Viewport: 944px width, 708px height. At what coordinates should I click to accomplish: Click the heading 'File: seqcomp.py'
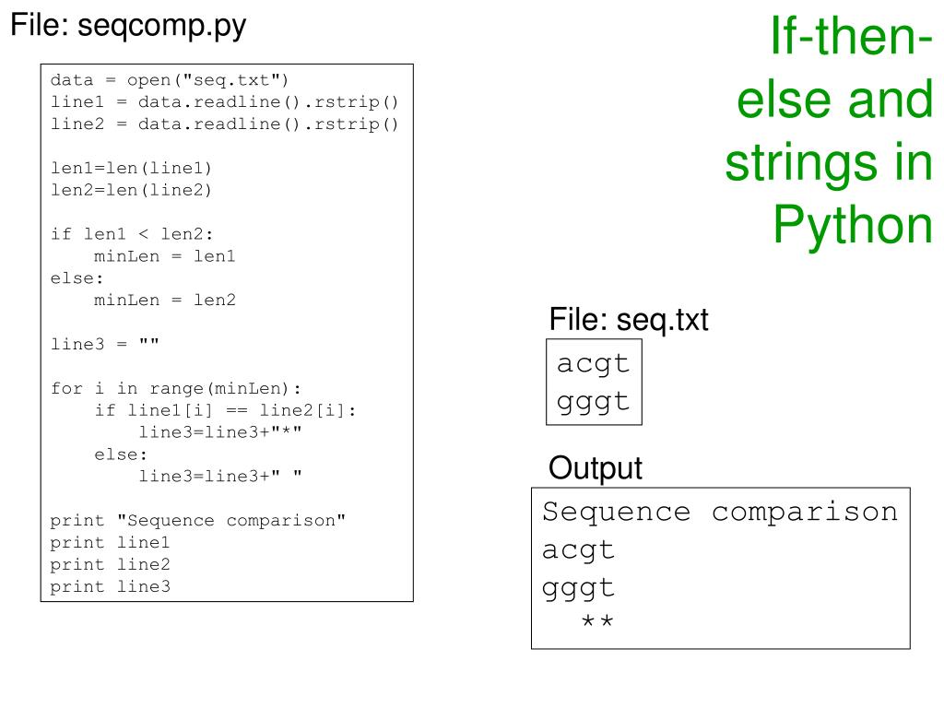click(128, 26)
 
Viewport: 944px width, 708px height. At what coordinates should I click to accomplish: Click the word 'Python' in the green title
click(853, 223)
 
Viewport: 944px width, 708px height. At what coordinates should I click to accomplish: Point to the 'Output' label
click(596, 468)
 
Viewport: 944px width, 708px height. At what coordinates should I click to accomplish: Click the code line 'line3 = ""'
click(105, 344)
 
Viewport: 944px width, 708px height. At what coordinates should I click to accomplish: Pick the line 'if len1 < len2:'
click(132, 234)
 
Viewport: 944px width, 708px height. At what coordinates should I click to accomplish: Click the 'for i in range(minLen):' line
click(176, 388)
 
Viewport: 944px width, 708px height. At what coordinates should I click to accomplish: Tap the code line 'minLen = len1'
click(165, 256)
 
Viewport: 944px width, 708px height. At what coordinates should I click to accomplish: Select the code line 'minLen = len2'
click(165, 300)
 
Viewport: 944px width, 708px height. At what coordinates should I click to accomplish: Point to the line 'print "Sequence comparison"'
click(198, 520)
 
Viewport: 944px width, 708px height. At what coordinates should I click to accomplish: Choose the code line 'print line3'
click(110, 586)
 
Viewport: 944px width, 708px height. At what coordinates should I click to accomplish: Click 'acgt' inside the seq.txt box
click(593, 362)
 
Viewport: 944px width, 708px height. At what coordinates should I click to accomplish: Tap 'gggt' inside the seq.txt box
click(593, 401)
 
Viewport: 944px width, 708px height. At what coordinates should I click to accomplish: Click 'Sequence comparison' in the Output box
click(719, 512)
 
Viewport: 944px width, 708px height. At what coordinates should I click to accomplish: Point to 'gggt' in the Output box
click(578, 587)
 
